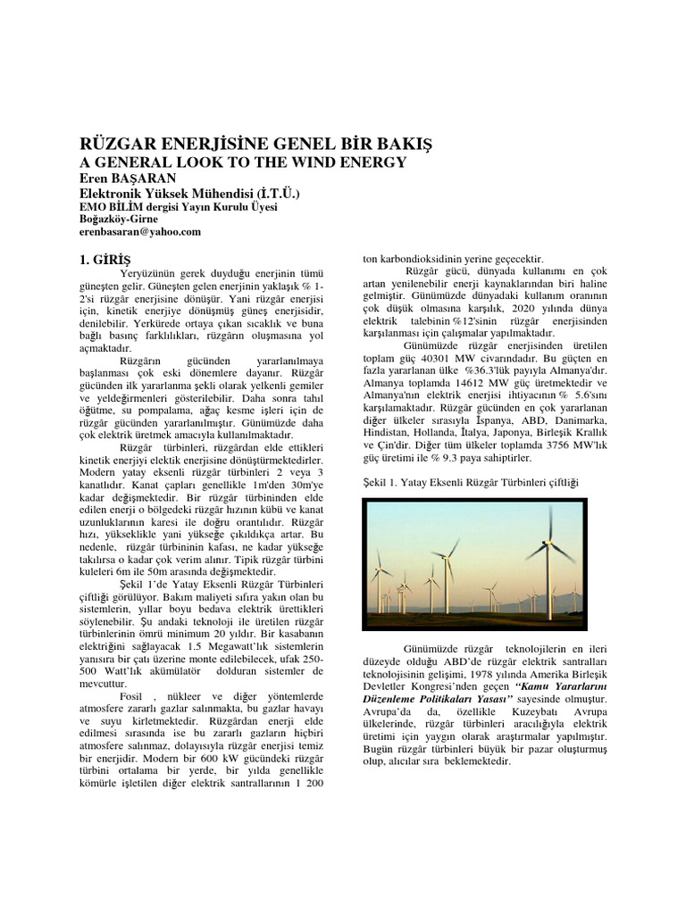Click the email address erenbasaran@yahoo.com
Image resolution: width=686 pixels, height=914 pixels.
point(140,231)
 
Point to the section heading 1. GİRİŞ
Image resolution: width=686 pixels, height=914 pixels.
point(105,259)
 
